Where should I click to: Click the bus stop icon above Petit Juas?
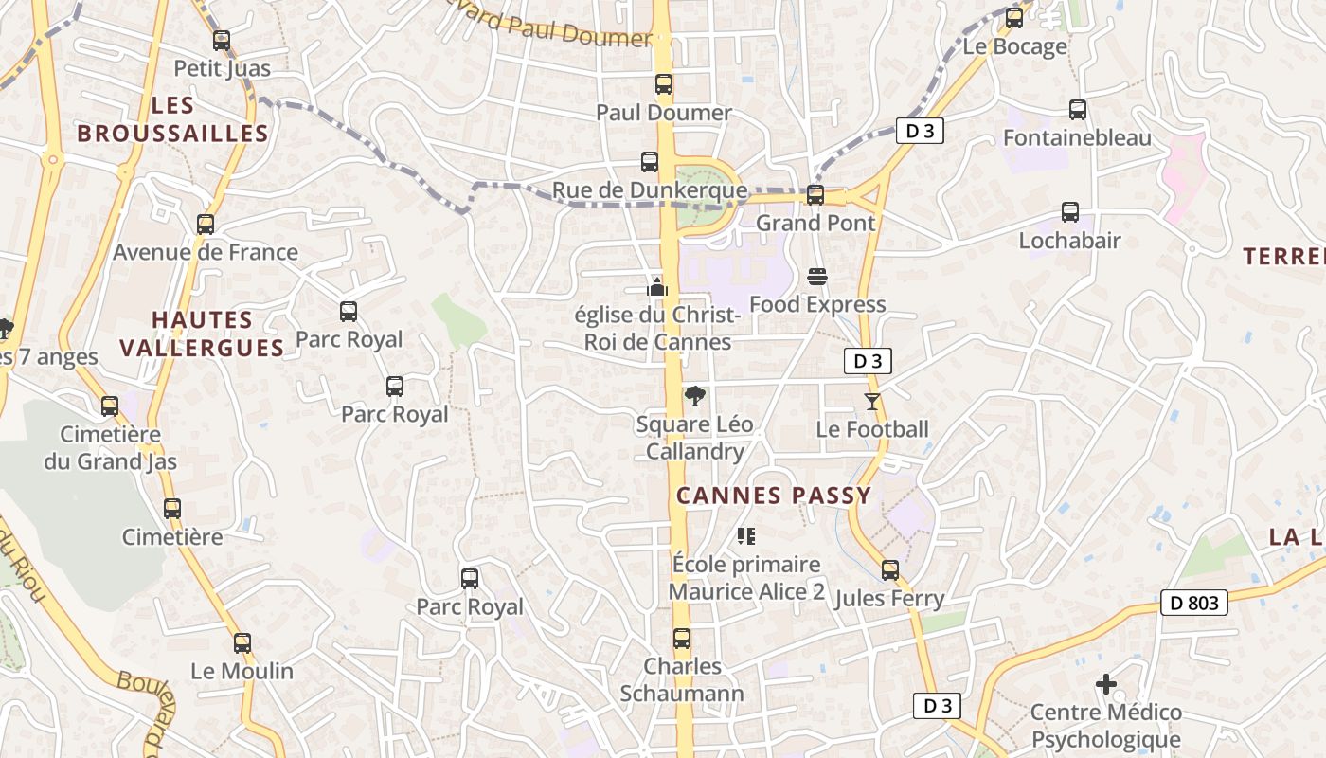click(x=222, y=41)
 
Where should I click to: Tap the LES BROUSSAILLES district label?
click(x=172, y=119)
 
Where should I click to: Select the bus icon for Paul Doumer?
click(x=664, y=84)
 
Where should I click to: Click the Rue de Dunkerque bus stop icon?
click(x=650, y=162)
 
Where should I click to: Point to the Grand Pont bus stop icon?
click(x=815, y=195)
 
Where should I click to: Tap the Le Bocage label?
click(x=1014, y=46)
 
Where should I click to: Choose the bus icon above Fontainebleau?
click(x=1078, y=109)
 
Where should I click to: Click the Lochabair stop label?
click(x=1069, y=241)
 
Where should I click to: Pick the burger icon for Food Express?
click(x=817, y=277)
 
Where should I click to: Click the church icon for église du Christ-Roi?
click(x=657, y=285)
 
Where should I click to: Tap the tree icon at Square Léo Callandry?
click(x=694, y=396)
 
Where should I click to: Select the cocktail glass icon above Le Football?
click(x=872, y=402)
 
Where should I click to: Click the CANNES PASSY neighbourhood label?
click(x=774, y=496)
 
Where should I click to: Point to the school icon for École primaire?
click(x=746, y=536)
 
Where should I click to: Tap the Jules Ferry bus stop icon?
click(x=890, y=570)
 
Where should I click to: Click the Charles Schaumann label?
click(x=682, y=679)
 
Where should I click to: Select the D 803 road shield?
click(x=1193, y=603)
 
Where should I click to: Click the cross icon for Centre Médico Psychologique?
click(x=1105, y=683)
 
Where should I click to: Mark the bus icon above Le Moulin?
click(x=242, y=642)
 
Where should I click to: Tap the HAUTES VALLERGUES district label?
click(x=202, y=334)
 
